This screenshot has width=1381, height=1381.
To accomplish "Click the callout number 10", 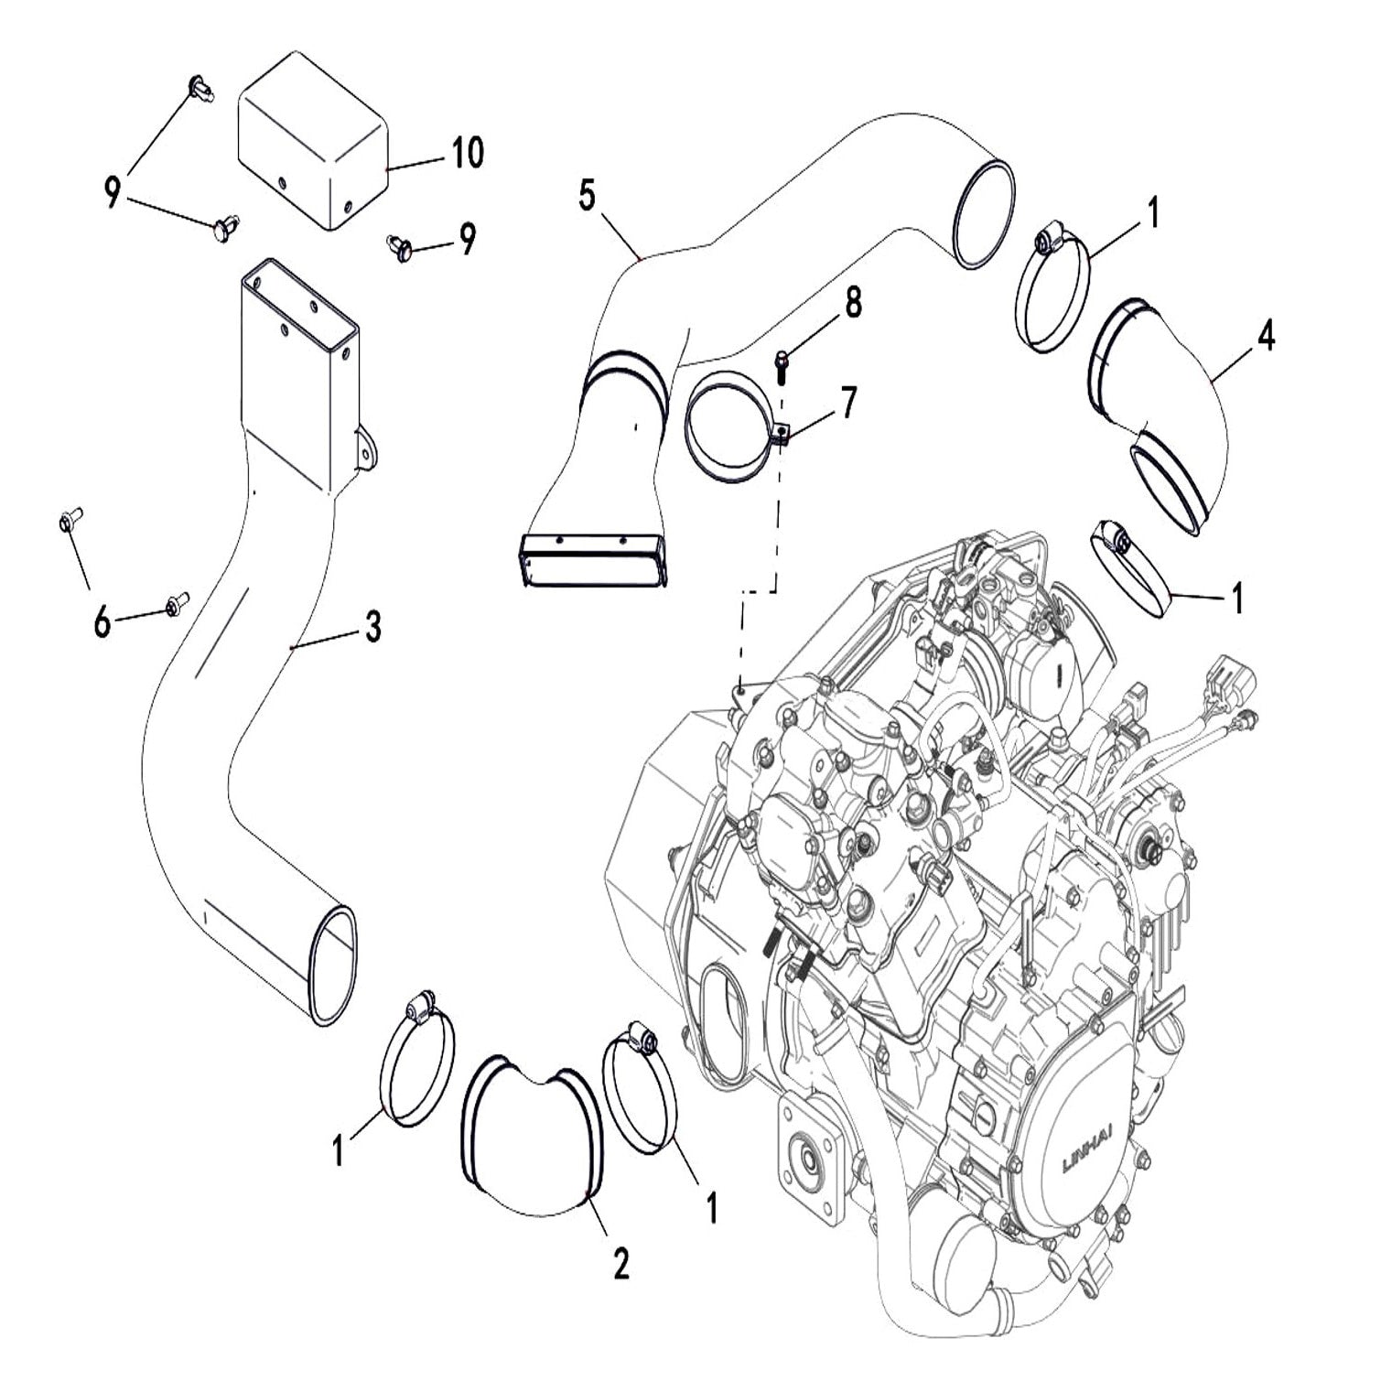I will pos(467,152).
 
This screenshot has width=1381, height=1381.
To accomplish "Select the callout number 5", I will pos(587,195).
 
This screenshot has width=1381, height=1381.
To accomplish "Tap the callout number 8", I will pos(853,301).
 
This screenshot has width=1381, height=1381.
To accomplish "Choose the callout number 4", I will pos(1265,337).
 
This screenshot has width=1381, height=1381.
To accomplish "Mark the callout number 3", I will pos(372,628).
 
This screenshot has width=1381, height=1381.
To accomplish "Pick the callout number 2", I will pos(620,1263).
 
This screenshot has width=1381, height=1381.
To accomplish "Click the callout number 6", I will pos(102,622).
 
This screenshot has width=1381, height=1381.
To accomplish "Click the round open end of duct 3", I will pos(333,966).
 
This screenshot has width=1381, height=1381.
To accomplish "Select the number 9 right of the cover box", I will pos(467,240).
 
